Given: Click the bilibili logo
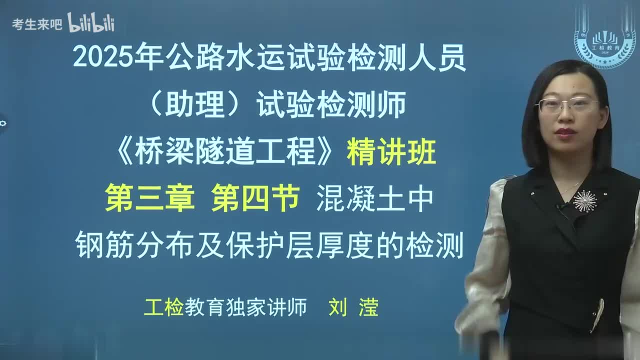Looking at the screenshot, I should [x=91, y=22].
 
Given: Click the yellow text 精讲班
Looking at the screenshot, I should [x=391, y=152].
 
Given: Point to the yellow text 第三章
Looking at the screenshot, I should [x=150, y=198].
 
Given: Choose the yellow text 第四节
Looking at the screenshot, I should [x=255, y=198].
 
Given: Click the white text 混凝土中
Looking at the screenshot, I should [x=374, y=198].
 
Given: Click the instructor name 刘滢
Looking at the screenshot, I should [x=353, y=307].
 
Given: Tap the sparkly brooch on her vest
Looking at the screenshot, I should [x=585, y=200].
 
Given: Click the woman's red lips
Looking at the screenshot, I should [x=564, y=132].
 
